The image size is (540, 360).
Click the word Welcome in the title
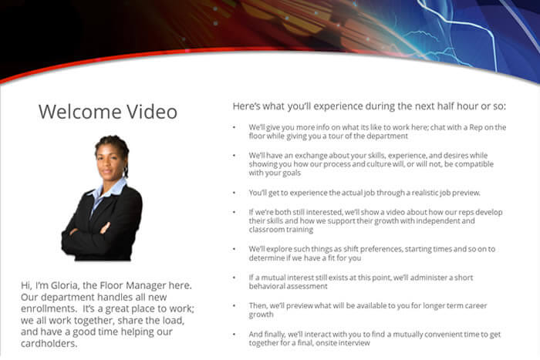click(80, 112)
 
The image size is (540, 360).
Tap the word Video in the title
click(152, 112)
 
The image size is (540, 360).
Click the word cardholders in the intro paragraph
click(49, 344)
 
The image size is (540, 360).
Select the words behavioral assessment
click(288, 286)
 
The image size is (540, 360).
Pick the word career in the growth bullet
click(476, 305)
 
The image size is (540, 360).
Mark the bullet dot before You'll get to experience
click(235, 193)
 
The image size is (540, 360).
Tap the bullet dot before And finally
click(235, 335)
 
